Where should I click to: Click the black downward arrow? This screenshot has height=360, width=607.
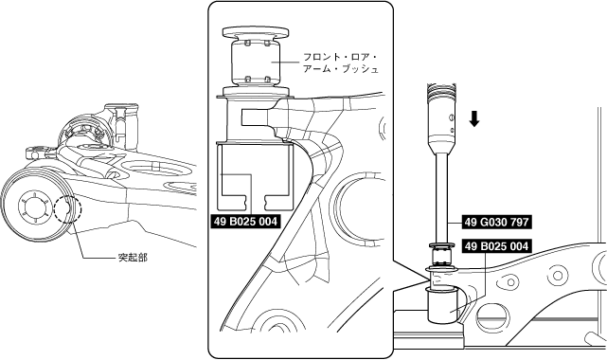click(474, 118)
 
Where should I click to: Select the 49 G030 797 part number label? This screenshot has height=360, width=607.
click(496, 223)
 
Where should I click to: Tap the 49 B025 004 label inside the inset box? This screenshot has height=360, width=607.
click(245, 222)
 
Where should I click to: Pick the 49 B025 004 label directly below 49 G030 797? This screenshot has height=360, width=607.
click(496, 246)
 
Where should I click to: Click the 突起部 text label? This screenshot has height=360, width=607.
click(133, 258)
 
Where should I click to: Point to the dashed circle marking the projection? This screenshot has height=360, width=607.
click(68, 209)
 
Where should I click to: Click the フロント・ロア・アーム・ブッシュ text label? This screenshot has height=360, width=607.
click(340, 63)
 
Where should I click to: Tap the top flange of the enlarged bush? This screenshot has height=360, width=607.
click(255, 32)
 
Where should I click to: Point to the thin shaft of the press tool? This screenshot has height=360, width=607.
click(441, 197)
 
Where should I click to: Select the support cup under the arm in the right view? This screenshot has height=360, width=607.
click(441, 305)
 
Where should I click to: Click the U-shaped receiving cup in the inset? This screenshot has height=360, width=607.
click(254, 176)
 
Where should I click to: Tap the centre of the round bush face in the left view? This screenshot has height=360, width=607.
click(34, 207)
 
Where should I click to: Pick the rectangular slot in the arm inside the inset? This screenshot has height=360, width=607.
click(256, 117)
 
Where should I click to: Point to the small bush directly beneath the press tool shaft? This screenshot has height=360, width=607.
click(441, 256)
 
